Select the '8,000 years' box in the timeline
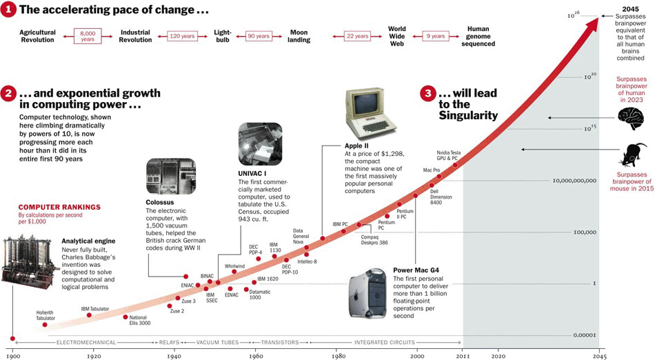[88, 36]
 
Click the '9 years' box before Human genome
[435, 36]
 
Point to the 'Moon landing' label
[299, 36]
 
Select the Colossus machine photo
[170, 176]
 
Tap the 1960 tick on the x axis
[256, 356]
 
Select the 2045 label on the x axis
[599, 356]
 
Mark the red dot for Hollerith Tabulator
[45, 324]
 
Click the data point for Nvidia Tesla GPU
[455, 166]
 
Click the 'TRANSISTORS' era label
[280, 342]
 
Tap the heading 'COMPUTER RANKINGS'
[59, 207]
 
